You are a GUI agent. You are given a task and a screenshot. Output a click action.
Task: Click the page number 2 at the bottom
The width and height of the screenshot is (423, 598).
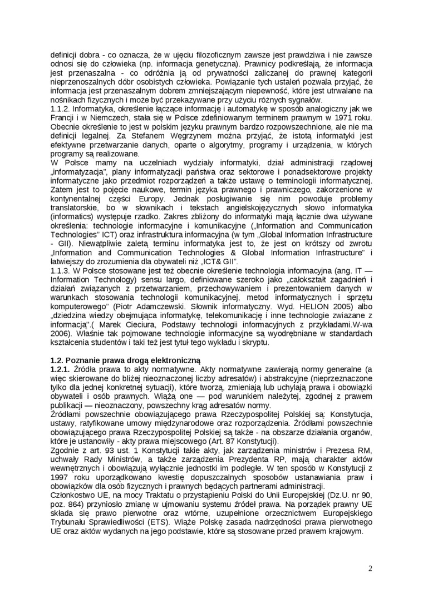[x=370, y=568]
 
